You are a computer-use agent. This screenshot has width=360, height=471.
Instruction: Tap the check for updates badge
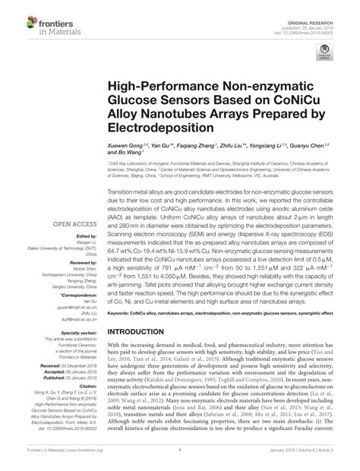[325, 54]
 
